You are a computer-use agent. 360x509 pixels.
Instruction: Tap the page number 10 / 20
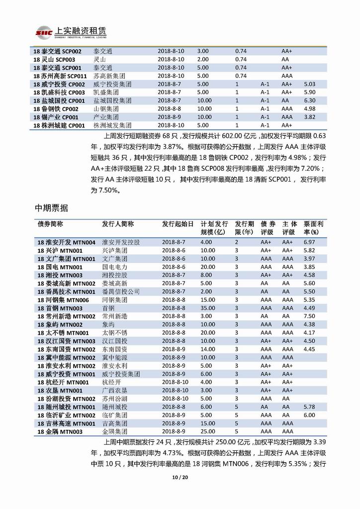(x=180, y=478)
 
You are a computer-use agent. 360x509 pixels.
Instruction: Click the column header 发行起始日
(x=177, y=224)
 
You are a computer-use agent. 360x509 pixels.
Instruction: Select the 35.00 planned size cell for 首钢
(x=208, y=308)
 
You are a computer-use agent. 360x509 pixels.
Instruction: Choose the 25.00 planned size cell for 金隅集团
(x=208, y=431)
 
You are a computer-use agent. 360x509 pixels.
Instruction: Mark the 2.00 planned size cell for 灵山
(x=203, y=59)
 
